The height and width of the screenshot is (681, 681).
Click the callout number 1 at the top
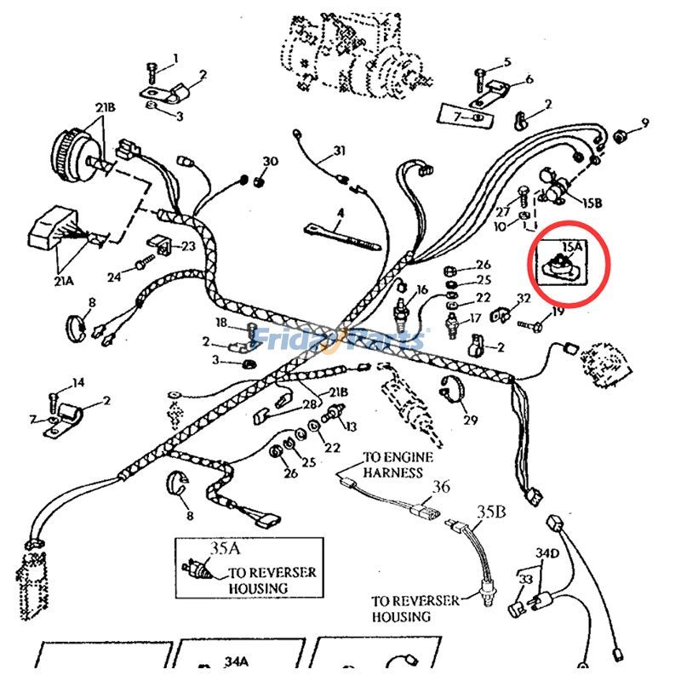[176, 58]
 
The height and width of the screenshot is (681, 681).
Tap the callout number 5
[507, 62]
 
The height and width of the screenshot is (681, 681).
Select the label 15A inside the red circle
[573, 246]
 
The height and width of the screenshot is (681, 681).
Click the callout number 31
[340, 152]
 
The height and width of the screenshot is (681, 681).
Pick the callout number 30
[270, 162]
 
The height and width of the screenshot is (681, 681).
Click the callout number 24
[114, 276]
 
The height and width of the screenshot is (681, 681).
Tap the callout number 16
[421, 290]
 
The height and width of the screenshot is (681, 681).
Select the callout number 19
[558, 312]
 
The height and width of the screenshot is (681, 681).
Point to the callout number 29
[470, 420]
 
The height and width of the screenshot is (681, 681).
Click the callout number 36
[440, 487]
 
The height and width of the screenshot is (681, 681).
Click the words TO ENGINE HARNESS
[398, 464]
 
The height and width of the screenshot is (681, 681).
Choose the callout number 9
[644, 123]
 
